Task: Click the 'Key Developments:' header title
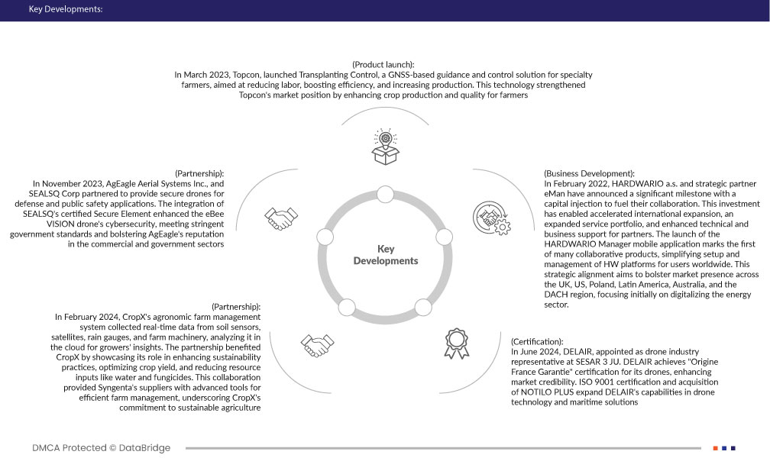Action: (65, 10)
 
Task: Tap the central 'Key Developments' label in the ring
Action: (386, 255)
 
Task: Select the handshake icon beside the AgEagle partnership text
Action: (280, 217)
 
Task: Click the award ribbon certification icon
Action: (455, 343)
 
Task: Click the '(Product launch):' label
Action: (383, 64)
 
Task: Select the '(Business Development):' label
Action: (589, 174)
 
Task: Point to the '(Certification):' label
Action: (537, 340)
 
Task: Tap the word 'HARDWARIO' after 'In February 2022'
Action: (637, 184)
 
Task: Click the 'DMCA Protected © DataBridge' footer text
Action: (102, 447)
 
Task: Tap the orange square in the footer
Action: (715, 448)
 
